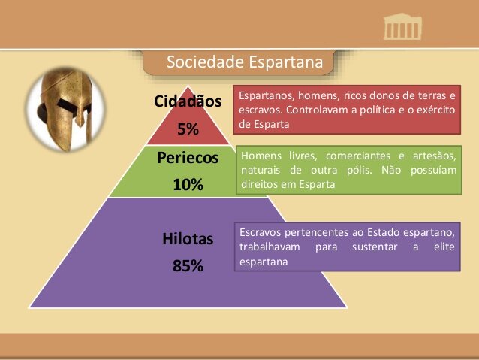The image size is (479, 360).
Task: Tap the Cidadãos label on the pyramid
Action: point(188,101)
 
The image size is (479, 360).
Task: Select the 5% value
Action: point(188,129)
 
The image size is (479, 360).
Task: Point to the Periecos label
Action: point(188,158)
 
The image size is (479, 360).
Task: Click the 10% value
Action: point(188,185)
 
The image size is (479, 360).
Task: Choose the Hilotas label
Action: point(188,239)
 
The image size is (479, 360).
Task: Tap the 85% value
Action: point(188,266)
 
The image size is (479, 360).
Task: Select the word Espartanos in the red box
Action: point(265,96)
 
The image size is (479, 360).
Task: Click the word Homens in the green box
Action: point(262,156)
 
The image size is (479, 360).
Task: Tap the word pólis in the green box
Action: point(345,170)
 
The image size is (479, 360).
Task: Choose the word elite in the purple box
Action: point(444,247)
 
